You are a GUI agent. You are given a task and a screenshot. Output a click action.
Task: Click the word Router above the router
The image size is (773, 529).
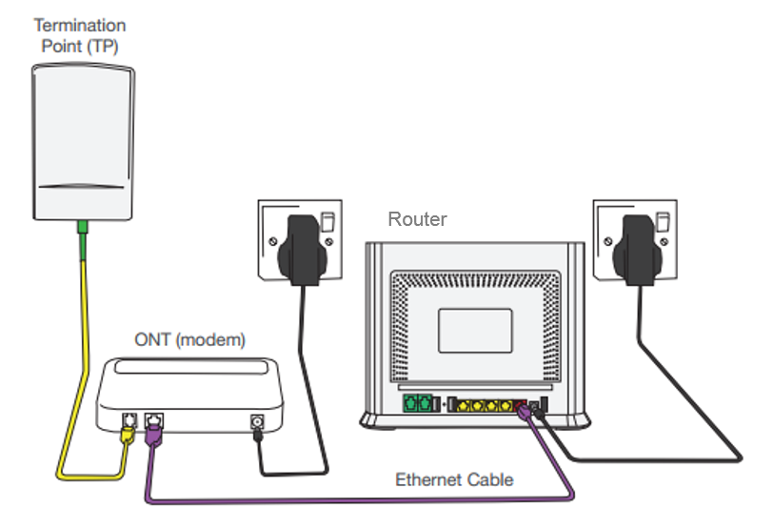[417, 219]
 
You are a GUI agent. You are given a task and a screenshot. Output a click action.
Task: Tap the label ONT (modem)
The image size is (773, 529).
[189, 339]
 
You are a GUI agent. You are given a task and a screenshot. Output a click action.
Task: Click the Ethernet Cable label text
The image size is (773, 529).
[454, 479]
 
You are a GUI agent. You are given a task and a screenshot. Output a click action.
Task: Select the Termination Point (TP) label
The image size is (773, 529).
[80, 34]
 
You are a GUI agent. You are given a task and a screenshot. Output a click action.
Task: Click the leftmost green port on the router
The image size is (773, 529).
[410, 403]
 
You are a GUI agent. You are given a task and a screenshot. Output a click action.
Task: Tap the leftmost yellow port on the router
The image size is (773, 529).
[464, 404]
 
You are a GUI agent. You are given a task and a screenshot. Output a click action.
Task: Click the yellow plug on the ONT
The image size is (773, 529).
[129, 434]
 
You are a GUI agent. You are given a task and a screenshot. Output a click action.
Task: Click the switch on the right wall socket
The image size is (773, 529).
[661, 221]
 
